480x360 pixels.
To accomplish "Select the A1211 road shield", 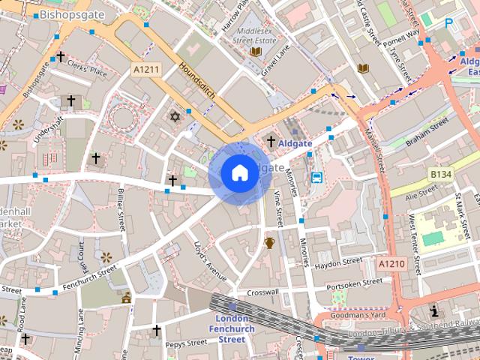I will click(145, 69).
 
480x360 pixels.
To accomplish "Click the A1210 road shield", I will click(391, 264).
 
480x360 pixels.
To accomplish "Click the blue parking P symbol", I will click(449, 23).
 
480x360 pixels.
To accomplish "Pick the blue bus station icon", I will click(316, 178).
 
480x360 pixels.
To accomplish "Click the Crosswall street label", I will click(262, 292).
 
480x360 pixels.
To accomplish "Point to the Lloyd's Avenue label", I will click(209, 262).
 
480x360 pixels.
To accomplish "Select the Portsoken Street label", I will click(355, 283).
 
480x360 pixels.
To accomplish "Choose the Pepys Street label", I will click(186, 343).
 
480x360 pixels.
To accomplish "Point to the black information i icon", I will click(434, 310).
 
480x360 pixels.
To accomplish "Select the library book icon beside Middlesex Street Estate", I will click(256, 52).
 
